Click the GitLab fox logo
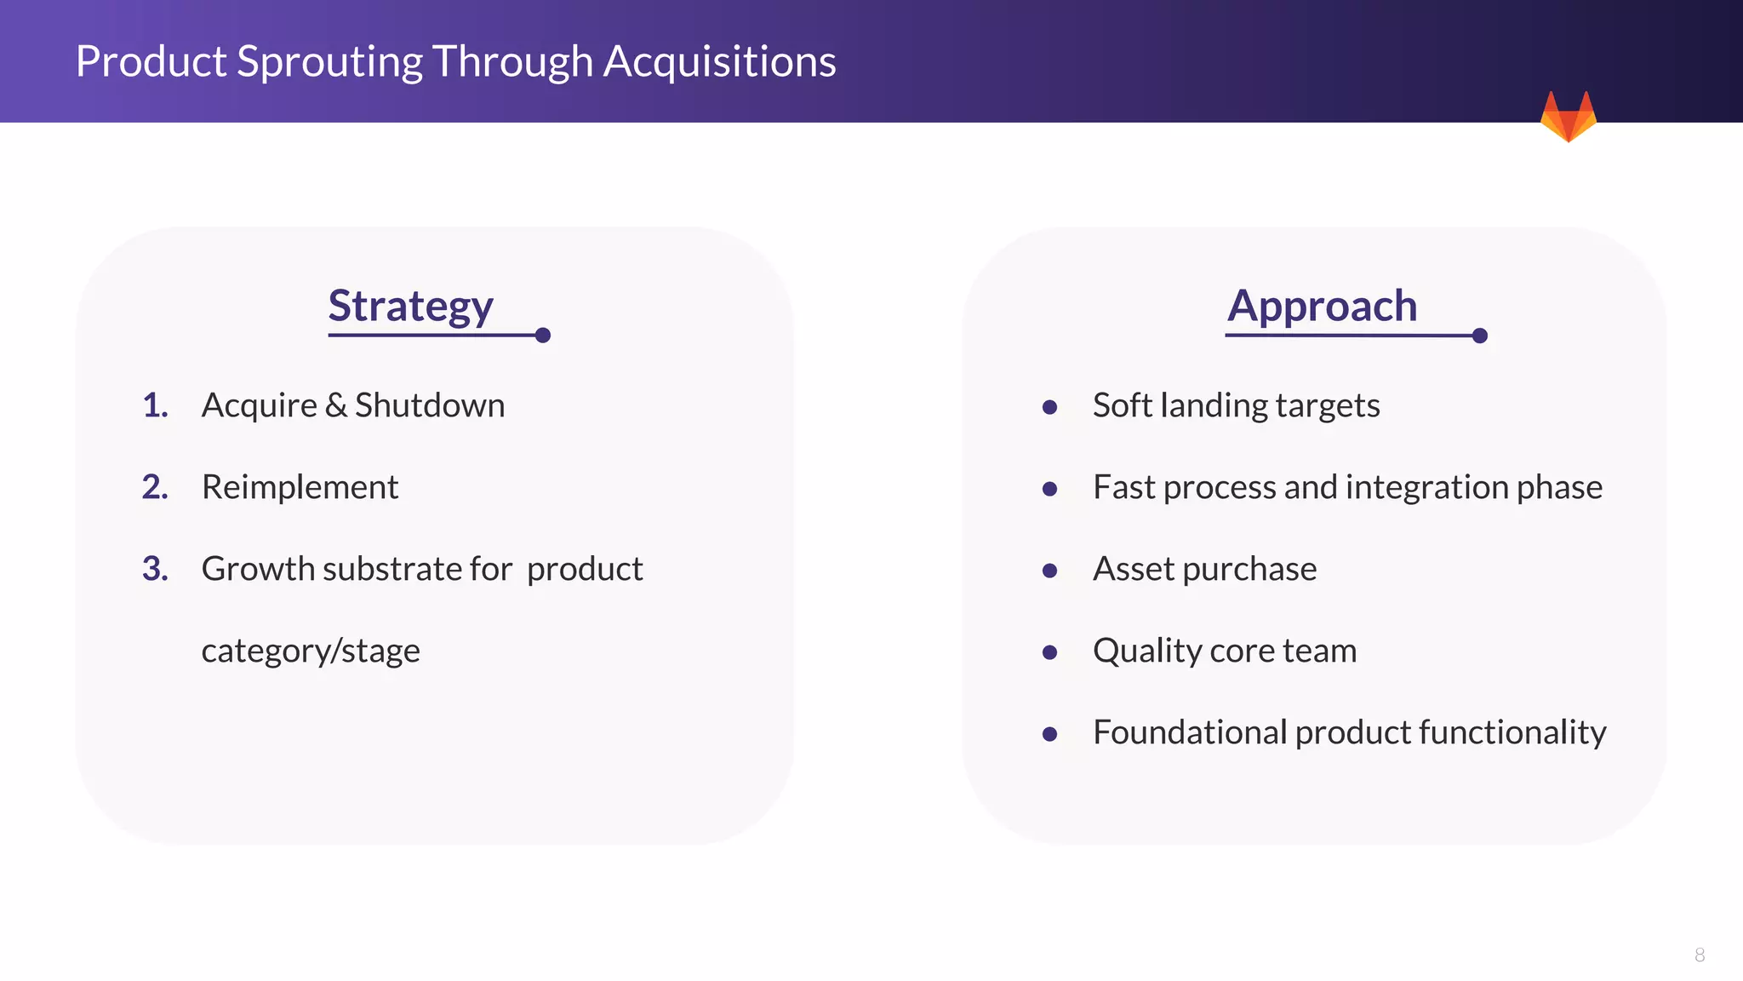tap(1568, 118)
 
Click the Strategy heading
tap(410, 306)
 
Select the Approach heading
tap(1322, 306)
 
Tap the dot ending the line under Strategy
tap(543, 336)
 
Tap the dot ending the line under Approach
tap(1479, 336)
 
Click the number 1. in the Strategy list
tap(155, 405)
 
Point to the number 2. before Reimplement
tap(155, 487)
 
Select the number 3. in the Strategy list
tap(155, 569)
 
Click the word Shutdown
tap(430, 405)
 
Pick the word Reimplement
tap(300, 487)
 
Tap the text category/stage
tap(311, 651)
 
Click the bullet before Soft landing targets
tap(1049, 408)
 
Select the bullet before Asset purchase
tap(1049, 571)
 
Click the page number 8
tap(1699, 955)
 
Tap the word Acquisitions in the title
tap(719, 61)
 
